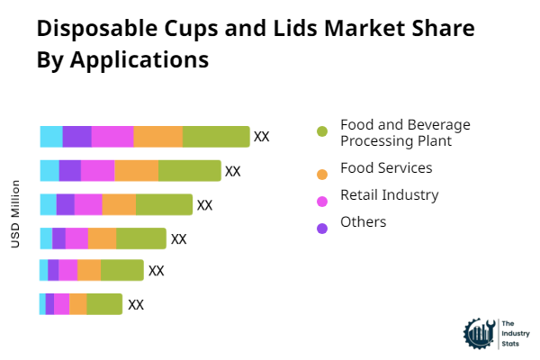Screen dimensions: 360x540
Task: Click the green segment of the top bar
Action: click(x=216, y=137)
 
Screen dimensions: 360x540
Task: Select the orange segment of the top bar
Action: click(x=158, y=137)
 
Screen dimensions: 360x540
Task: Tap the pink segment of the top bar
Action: click(x=112, y=137)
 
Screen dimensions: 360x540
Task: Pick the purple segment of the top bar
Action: click(x=76, y=137)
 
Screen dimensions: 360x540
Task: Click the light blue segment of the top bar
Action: click(x=51, y=137)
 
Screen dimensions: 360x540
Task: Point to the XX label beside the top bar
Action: click(x=262, y=137)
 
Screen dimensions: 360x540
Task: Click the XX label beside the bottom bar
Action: click(x=136, y=304)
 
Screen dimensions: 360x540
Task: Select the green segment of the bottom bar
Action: click(x=104, y=304)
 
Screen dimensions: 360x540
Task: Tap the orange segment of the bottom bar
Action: click(x=78, y=304)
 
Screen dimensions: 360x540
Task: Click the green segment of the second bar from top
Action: click(x=189, y=171)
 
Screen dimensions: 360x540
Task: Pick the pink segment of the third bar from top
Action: click(x=88, y=204)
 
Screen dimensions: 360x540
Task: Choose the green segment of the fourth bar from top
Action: click(x=141, y=238)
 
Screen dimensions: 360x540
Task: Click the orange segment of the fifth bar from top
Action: click(x=89, y=270)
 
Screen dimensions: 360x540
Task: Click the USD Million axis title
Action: click(x=15, y=214)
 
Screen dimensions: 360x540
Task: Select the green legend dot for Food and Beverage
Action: click(x=322, y=132)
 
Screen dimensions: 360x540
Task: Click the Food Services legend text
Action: click(x=386, y=168)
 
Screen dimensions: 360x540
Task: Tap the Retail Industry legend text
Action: click(x=389, y=195)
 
